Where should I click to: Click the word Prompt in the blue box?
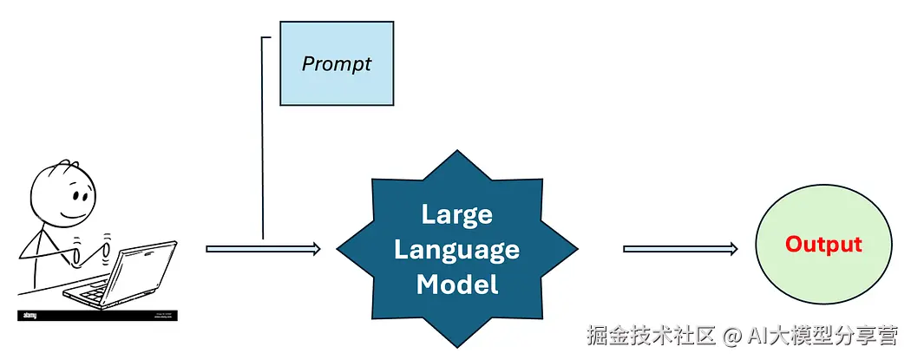click(x=337, y=64)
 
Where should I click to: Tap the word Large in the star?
click(x=457, y=214)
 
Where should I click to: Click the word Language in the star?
click(x=457, y=250)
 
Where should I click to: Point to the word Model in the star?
click(x=457, y=285)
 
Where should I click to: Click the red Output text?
click(x=823, y=245)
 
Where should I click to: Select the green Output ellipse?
click(x=823, y=273)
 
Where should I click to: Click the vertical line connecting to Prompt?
click(x=262, y=139)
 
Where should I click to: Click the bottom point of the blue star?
click(x=457, y=345)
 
